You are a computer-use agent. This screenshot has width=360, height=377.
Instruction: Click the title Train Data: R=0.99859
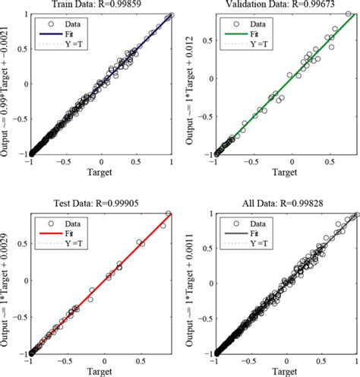tap(102, 5)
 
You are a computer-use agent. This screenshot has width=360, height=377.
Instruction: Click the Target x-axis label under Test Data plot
tap(102, 372)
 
